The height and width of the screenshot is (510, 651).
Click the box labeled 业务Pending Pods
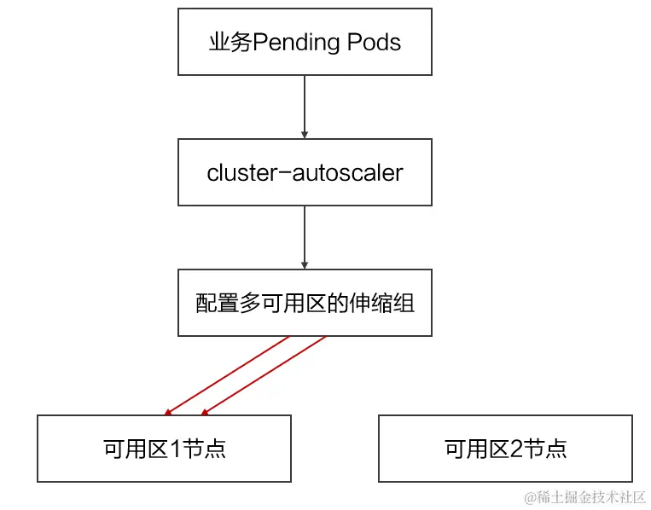click(305, 43)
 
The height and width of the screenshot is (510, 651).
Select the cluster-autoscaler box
click(305, 173)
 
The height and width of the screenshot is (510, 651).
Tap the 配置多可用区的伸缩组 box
click(305, 303)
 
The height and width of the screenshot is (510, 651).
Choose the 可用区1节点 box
click(164, 449)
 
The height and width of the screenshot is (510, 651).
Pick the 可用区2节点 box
click(505, 449)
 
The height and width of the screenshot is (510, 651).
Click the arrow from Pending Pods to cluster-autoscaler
click(305, 107)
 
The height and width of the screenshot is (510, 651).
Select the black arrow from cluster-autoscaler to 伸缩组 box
click(305, 237)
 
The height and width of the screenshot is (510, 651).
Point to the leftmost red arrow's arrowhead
click(168, 412)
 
